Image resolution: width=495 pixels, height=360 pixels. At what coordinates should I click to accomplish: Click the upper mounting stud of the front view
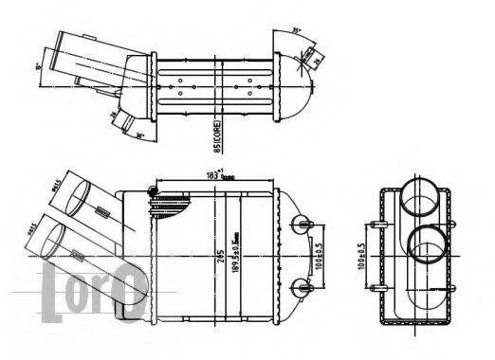click(x=303, y=223)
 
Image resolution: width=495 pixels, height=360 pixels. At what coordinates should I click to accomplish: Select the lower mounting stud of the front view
click(x=303, y=284)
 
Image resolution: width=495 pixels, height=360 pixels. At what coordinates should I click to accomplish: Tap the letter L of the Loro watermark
click(x=54, y=285)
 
